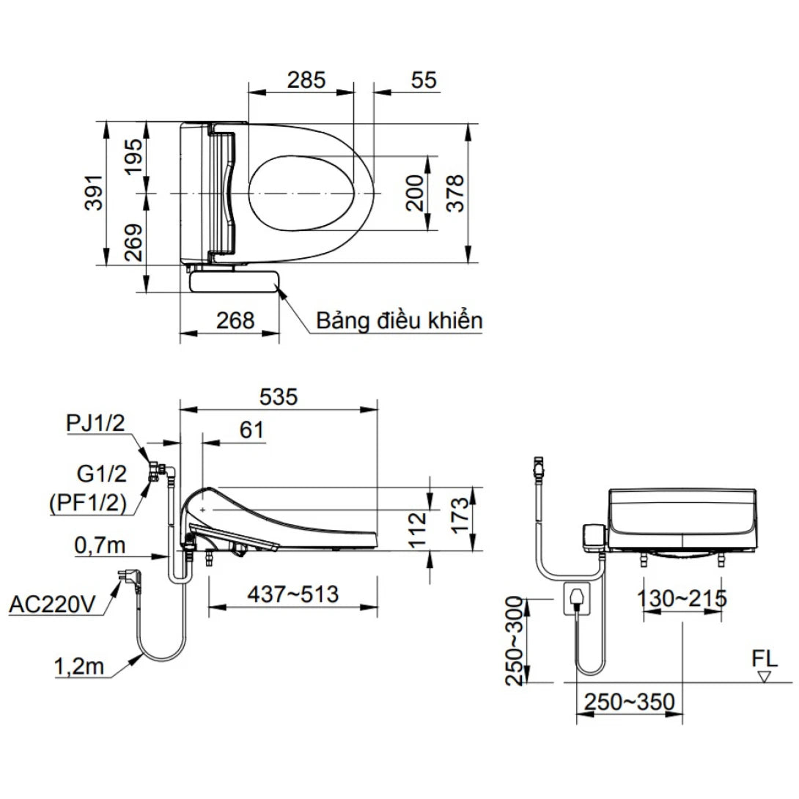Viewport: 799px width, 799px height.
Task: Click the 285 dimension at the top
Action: pos(306,80)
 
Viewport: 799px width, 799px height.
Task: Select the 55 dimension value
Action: pos(423,80)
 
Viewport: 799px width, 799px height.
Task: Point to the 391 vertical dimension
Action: pos(95,193)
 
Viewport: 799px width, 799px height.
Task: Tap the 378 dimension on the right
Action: pos(455,193)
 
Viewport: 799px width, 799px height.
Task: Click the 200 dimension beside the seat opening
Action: pos(416,193)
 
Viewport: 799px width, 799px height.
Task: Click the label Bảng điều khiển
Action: pos(399,320)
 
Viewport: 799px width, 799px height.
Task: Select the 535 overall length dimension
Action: pos(279,397)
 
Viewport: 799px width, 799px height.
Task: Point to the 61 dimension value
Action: pos(251,430)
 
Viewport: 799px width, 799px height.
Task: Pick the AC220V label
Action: pos(54,605)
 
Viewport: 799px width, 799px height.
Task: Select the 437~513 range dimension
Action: pos(292,594)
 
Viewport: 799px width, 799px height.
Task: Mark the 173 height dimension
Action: pos(458,517)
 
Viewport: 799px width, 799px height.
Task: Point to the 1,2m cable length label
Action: pos(79,667)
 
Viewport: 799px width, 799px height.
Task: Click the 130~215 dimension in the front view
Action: pos(681,598)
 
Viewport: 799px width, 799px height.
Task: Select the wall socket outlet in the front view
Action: pos(577,598)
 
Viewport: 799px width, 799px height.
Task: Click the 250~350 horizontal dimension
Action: pos(629,702)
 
